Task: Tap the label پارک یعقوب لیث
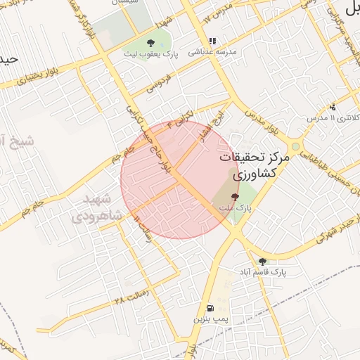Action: click(x=149, y=53)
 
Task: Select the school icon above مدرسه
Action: click(x=212, y=41)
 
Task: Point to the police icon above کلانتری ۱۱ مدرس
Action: click(x=333, y=107)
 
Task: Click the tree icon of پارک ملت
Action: click(x=235, y=198)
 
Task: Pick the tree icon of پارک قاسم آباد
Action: click(x=262, y=261)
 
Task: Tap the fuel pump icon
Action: click(x=210, y=308)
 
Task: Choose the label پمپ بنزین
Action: click(x=210, y=319)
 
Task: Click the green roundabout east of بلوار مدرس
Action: click(x=295, y=147)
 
